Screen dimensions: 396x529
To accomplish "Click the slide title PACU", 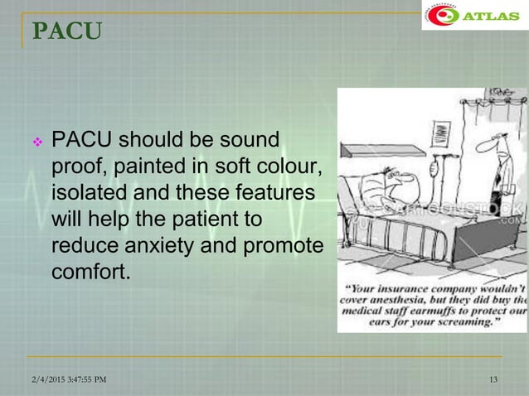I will [67, 31].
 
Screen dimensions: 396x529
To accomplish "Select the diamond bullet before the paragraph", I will [36, 142].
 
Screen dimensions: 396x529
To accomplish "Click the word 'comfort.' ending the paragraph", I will [91, 273].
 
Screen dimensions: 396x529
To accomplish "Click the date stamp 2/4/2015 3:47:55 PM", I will [65, 379].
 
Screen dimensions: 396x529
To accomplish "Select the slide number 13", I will [494, 379].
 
